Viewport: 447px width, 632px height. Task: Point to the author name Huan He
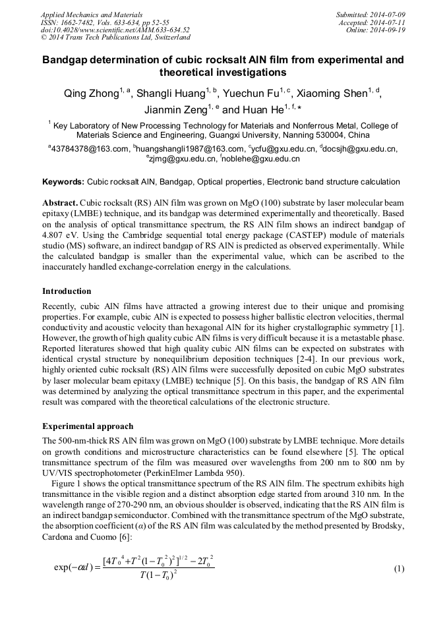[262, 110]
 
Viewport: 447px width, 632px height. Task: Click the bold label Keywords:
[63, 181]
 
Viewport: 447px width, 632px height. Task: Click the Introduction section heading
[67, 291]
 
